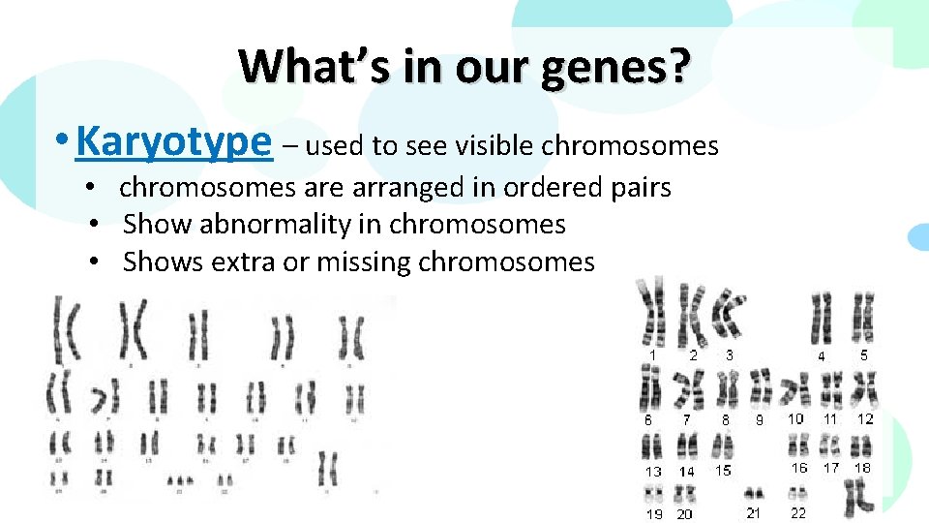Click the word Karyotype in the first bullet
click(174, 143)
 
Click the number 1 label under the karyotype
click(652, 355)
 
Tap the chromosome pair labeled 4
click(822, 317)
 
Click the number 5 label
click(864, 354)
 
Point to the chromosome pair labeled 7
click(688, 390)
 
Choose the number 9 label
click(760, 420)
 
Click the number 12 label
click(865, 418)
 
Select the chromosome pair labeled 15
click(724, 446)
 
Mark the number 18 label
click(862, 467)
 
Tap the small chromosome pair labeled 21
click(753, 495)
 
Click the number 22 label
click(798, 512)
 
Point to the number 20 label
click(685, 514)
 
